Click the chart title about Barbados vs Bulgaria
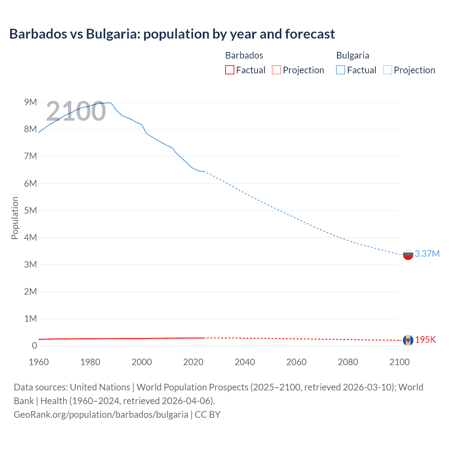[x=172, y=34]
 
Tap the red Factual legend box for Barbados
[x=229, y=70]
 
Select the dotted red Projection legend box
[x=276, y=70]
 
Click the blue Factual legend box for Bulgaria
[x=341, y=70]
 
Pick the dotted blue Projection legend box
[x=388, y=70]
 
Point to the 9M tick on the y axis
[x=31, y=102]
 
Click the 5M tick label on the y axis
[x=31, y=210]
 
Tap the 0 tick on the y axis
[x=34, y=346]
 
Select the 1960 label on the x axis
[x=39, y=362]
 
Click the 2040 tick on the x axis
[x=245, y=362]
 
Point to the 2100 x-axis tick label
[x=399, y=362]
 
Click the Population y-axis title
[x=15, y=218]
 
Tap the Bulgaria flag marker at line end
[x=408, y=254]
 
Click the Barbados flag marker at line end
[x=408, y=340]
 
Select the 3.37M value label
[x=427, y=254]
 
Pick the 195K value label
[x=425, y=340]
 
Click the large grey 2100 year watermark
[x=76, y=111]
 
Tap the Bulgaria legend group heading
[x=353, y=55]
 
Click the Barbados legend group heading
[x=244, y=55]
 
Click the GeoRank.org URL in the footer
[x=101, y=414]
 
